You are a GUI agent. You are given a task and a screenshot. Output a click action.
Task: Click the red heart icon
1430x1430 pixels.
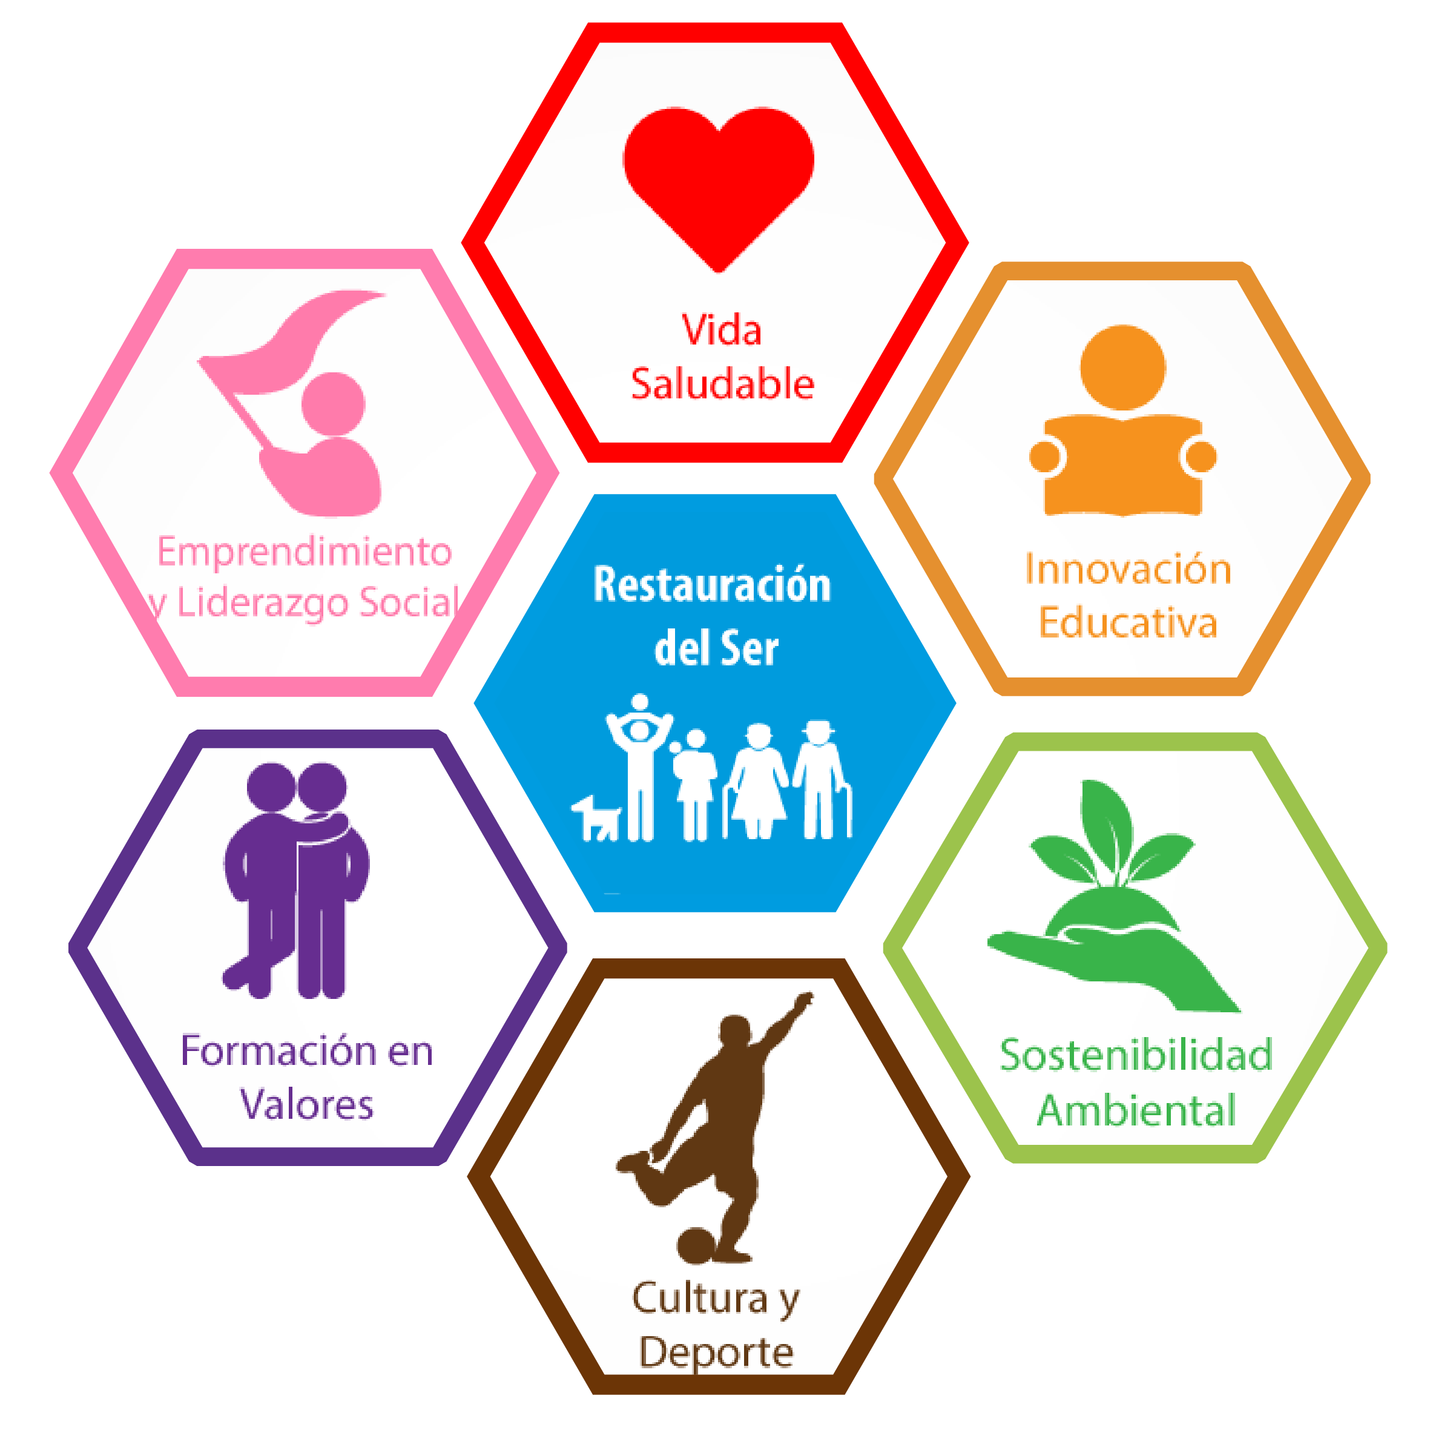coord(718,182)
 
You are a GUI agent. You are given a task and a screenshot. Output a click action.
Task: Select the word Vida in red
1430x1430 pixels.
coord(722,330)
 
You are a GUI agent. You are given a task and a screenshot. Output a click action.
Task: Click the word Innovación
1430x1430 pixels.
coord(1128,570)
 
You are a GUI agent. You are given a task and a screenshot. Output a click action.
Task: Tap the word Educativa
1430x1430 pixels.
coord(1128,623)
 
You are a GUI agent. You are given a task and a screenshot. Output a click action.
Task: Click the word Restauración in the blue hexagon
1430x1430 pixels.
coord(712,585)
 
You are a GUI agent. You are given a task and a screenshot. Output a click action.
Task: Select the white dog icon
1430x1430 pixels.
coord(596,818)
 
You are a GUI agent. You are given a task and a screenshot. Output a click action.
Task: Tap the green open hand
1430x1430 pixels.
coord(1110,962)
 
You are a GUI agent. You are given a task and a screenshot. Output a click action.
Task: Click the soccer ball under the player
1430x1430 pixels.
coord(696,1246)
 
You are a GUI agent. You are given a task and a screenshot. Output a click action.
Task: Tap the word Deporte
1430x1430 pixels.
coord(716,1353)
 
